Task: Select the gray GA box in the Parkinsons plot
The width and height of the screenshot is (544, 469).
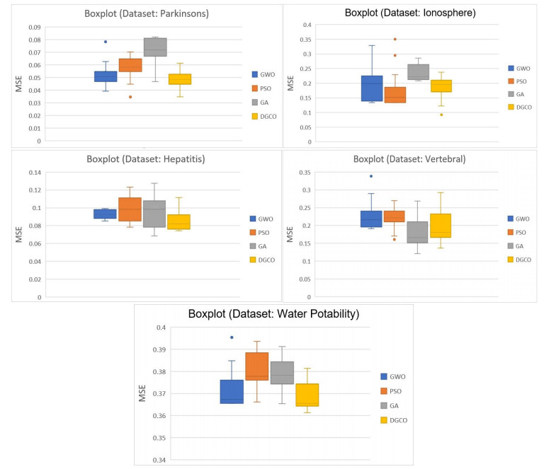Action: [x=154, y=47]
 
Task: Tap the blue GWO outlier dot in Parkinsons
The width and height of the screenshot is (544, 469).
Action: [x=106, y=42]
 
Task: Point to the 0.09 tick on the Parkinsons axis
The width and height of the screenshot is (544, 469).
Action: [x=33, y=28]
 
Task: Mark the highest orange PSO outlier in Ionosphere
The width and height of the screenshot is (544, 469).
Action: [x=395, y=39]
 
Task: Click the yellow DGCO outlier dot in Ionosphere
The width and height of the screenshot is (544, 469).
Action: [x=441, y=115]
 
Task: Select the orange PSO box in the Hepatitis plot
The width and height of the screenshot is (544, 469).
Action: [x=130, y=209]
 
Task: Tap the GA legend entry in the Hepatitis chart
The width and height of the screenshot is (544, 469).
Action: [x=262, y=246]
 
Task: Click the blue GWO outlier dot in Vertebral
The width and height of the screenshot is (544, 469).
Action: [x=371, y=176]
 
